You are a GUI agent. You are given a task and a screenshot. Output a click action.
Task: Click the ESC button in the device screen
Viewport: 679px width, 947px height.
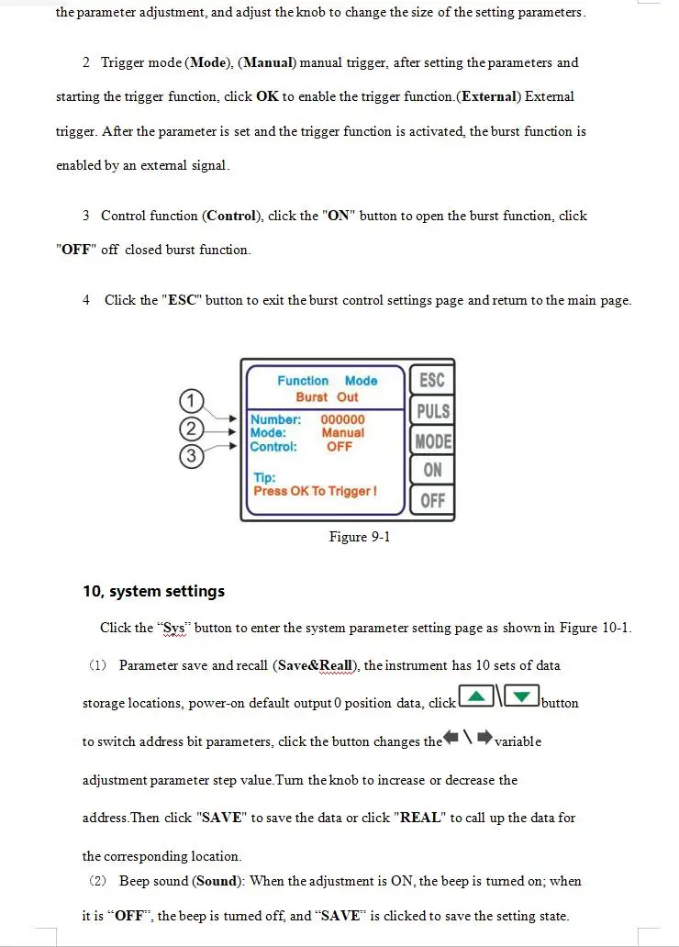[431, 380]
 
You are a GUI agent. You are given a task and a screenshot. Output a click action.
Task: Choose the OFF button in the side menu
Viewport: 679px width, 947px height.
[432, 501]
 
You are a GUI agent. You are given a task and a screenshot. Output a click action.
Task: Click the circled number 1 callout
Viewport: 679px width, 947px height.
[190, 401]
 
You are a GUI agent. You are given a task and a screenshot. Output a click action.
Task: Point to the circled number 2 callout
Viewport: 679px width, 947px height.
[190, 429]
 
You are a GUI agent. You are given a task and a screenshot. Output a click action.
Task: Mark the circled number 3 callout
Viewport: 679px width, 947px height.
[190, 456]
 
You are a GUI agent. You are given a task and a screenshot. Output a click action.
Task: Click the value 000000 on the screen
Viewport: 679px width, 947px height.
[342, 419]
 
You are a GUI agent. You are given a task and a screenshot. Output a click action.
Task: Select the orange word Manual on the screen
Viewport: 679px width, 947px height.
[342, 432]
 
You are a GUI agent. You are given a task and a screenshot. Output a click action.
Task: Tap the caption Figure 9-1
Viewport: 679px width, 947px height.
[359, 537]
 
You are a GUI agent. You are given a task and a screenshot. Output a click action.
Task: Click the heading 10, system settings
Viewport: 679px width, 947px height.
[153, 591]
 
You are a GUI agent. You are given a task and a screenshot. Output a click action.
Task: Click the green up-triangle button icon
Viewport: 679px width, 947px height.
[476, 697]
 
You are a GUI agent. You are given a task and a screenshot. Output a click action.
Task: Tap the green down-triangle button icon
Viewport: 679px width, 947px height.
[521, 697]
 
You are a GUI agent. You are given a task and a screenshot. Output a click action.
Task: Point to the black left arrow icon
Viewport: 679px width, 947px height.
[451, 737]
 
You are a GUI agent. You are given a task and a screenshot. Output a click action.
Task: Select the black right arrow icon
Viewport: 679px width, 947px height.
[484, 737]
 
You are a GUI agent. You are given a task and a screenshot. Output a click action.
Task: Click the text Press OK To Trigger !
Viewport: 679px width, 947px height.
[315, 491]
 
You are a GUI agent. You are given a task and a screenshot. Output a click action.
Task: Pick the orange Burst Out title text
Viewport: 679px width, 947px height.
[327, 397]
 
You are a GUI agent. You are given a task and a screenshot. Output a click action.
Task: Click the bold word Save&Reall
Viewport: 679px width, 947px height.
[317, 665]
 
